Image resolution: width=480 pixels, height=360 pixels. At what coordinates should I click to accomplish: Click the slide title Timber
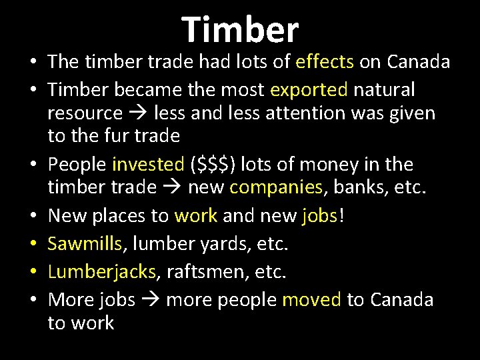tap(240, 29)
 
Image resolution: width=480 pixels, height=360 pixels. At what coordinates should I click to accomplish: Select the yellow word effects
tap(325, 62)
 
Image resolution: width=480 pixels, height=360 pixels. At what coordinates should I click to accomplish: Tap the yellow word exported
tap(309, 89)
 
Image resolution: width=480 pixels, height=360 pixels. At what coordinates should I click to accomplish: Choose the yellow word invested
tap(149, 164)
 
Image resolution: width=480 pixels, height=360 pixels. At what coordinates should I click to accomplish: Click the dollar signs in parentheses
tap(212, 165)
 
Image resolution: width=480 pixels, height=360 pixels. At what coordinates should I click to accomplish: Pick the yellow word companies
tap(275, 188)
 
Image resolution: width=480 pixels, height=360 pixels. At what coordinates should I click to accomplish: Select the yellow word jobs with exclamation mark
tap(323, 215)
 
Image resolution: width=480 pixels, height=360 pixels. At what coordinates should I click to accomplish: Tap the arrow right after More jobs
tap(150, 300)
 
